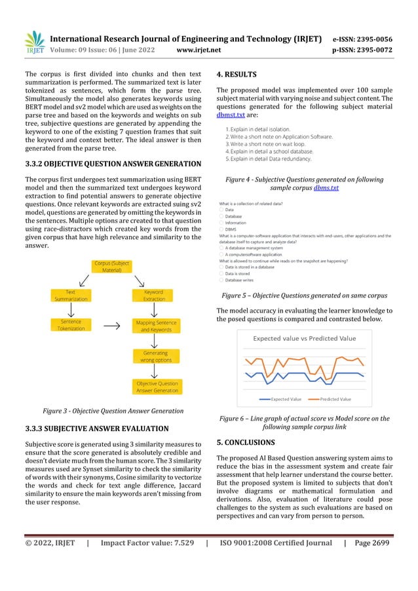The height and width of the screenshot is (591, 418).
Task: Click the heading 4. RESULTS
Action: pos(237,74)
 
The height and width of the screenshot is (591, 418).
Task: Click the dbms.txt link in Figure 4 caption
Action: pos(326,187)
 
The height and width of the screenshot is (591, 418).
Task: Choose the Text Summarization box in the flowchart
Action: pos(71,295)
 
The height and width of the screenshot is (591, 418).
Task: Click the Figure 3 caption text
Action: pos(112,411)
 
